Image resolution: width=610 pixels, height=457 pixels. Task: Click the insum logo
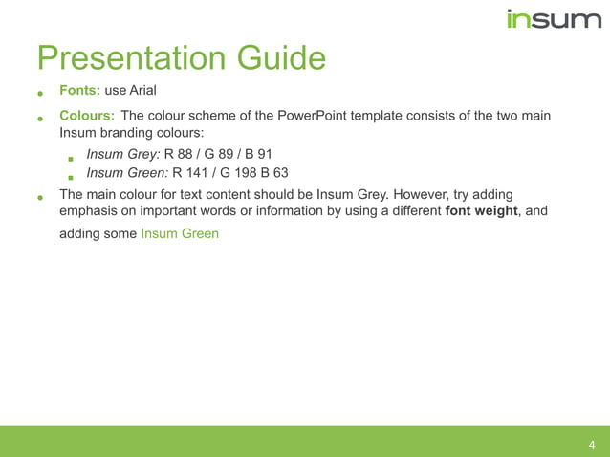click(x=553, y=18)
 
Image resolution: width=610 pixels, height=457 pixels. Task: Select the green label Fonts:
click(x=79, y=91)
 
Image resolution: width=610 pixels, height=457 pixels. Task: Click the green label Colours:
click(x=87, y=116)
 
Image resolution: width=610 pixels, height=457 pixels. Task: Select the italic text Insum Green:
click(x=127, y=173)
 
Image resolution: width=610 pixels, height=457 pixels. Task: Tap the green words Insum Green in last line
click(x=180, y=232)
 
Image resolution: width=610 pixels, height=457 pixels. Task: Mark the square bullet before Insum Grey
click(x=71, y=158)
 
